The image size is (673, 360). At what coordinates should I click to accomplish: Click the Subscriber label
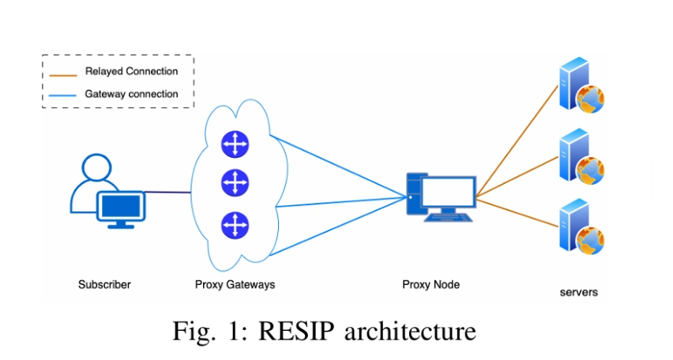point(104,284)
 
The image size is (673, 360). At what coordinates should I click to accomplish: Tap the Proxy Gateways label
point(235,285)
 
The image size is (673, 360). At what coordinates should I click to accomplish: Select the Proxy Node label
point(431,284)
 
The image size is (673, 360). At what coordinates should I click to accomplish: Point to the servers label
point(578,292)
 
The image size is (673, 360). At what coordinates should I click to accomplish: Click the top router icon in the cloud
point(235,144)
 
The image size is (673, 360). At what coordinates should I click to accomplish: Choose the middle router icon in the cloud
point(235,183)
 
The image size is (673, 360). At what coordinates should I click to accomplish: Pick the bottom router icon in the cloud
point(235,225)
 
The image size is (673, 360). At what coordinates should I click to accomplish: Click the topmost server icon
point(581,85)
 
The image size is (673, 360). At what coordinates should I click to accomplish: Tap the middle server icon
point(581,156)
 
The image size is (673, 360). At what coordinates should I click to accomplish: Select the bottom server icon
point(581,227)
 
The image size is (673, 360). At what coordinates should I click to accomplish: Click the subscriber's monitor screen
point(121,206)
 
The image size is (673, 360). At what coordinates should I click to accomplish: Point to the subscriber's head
point(96,167)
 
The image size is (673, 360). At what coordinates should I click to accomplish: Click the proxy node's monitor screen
point(448,193)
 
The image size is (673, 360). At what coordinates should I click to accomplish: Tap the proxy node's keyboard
point(448,218)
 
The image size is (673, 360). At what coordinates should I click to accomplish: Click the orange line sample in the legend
point(63,76)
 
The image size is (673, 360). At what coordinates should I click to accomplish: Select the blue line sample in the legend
point(62,96)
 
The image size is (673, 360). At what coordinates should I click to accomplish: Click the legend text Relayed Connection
point(131,71)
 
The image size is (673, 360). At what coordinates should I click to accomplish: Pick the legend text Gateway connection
point(131,94)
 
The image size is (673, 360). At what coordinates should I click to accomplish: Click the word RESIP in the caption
point(296,332)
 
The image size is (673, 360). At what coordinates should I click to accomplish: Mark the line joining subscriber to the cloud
point(167,192)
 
